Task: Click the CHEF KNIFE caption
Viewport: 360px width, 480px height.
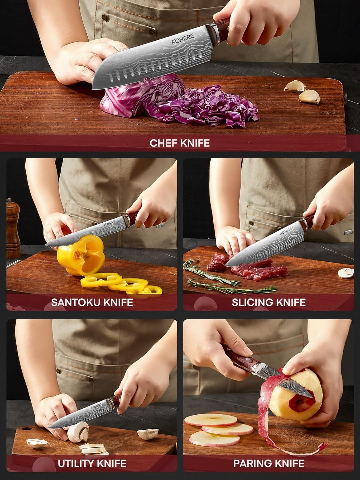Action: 180,143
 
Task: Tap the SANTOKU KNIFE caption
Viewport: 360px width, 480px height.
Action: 92,302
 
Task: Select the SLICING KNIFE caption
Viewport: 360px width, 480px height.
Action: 269,302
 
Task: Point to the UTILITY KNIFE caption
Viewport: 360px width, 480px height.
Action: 92,463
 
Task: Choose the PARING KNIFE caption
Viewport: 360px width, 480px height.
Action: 269,463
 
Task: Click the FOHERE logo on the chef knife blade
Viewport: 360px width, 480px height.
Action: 183,39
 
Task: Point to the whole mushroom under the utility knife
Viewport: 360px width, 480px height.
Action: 78,432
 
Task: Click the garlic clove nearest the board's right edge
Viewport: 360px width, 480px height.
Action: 309,97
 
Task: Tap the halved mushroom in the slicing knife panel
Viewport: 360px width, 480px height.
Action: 346,273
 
